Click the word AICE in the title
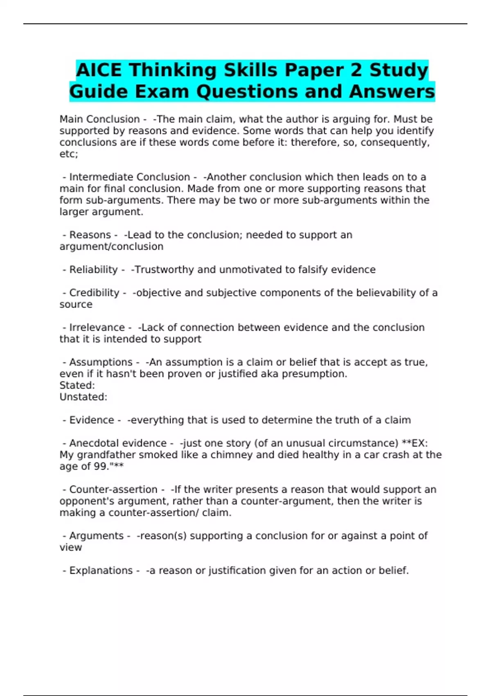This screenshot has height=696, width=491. [x=99, y=70]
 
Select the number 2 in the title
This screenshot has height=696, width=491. [x=356, y=70]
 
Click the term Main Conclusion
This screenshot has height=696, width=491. [x=99, y=119]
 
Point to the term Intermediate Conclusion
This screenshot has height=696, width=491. [x=129, y=177]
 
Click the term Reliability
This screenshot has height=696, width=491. [x=93, y=269]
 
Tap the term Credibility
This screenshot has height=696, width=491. [x=94, y=293]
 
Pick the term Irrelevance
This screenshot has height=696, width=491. [x=97, y=328]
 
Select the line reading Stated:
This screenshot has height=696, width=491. [x=77, y=385]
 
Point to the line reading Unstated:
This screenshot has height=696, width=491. [x=83, y=397]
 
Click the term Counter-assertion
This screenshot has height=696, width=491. [x=113, y=489]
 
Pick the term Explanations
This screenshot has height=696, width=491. [x=101, y=570]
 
